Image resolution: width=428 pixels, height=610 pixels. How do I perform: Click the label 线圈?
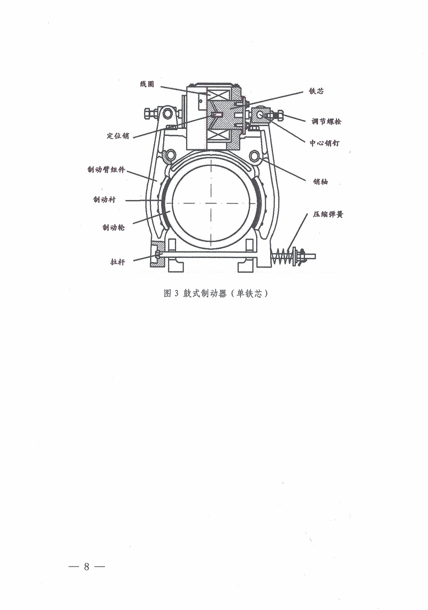[x=147, y=84]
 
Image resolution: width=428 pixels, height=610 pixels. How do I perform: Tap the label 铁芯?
[x=316, y=91]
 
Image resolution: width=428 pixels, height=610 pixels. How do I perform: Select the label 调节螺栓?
[x=326, y=121]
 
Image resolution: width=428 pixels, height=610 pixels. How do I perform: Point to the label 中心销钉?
[x=325, y=143]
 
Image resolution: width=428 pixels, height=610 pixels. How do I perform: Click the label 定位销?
[x=118, y=136]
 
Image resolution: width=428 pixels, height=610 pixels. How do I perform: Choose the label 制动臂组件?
[x=106, y=170]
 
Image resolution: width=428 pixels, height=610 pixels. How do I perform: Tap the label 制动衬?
[x=104, y=200]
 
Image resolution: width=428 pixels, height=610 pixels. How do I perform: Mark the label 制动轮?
[x=113, y=227]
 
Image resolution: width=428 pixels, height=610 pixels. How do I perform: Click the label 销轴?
[x=320, y=182]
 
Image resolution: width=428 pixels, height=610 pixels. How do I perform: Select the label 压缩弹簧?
[x=328, y=215]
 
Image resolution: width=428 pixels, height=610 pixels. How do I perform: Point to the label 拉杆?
[x=118, y=262]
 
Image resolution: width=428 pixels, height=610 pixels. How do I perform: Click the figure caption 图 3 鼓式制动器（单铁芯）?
[x=216, y=293]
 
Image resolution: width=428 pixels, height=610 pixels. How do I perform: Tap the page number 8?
[x=86, y=567]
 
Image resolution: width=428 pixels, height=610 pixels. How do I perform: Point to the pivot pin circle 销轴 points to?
[x=254, y=156]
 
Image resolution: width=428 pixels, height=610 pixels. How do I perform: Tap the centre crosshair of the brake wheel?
[x=211, y=203]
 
